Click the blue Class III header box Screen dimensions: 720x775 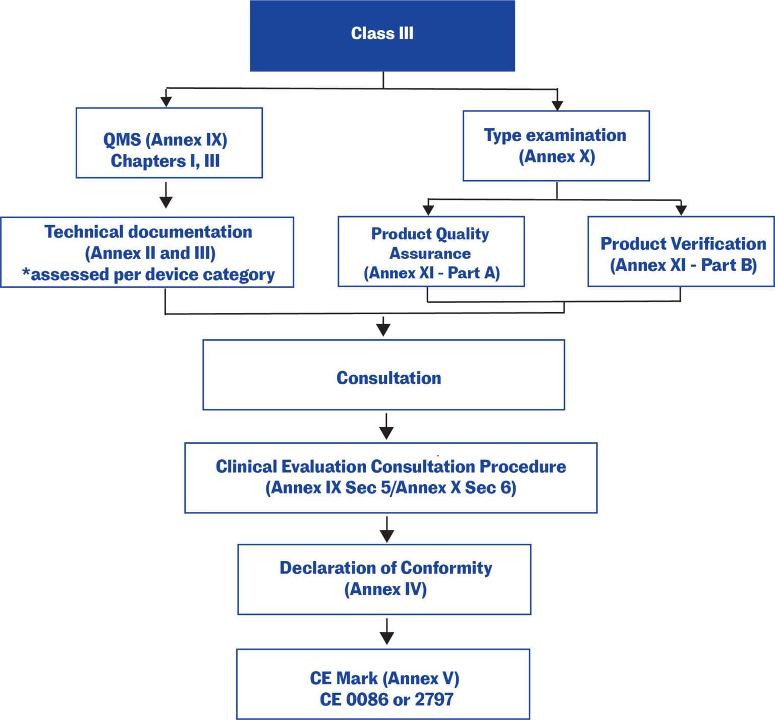pyautogui.click(x=382, y=35)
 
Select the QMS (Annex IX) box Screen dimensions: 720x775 pyautogui.click(x=169, y=143)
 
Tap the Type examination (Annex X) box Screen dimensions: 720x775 pyautogui.click(x=556, y=146)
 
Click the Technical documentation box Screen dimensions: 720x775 pyautogui.click(x=147, y=252)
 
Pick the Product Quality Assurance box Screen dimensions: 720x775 pyautogui.click(x=431, y=252)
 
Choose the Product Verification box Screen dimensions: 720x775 pyautogui.click(x=681, y=252)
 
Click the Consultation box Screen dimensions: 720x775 pyautogui.click(x=383, y=375)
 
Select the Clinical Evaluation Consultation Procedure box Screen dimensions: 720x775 pyautogui.click(x=391, y=478)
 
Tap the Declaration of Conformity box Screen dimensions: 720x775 pyautogui.click(x=384, y=579)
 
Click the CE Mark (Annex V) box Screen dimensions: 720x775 pyautogui.click(x=383, y=684)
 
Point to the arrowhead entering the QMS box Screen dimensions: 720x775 pyautogui.click(x=166, y=101)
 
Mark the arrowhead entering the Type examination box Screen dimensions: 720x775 pyautogui.click(x=557, y=105)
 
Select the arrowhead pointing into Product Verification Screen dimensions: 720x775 pyautogui.click(x=681, y=210)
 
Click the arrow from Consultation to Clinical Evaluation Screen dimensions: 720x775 pyautogui.click(x=386, y=427)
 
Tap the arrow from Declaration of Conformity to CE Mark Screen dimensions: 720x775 pyautogui.click(x=387, y=632)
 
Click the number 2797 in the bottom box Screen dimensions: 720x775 pyautogui.click(x=433, y=700)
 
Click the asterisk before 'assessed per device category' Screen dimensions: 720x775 pyautogui.click(x=26, y=273)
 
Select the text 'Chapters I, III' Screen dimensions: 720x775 pyautogui.click(x=165, y=161)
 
